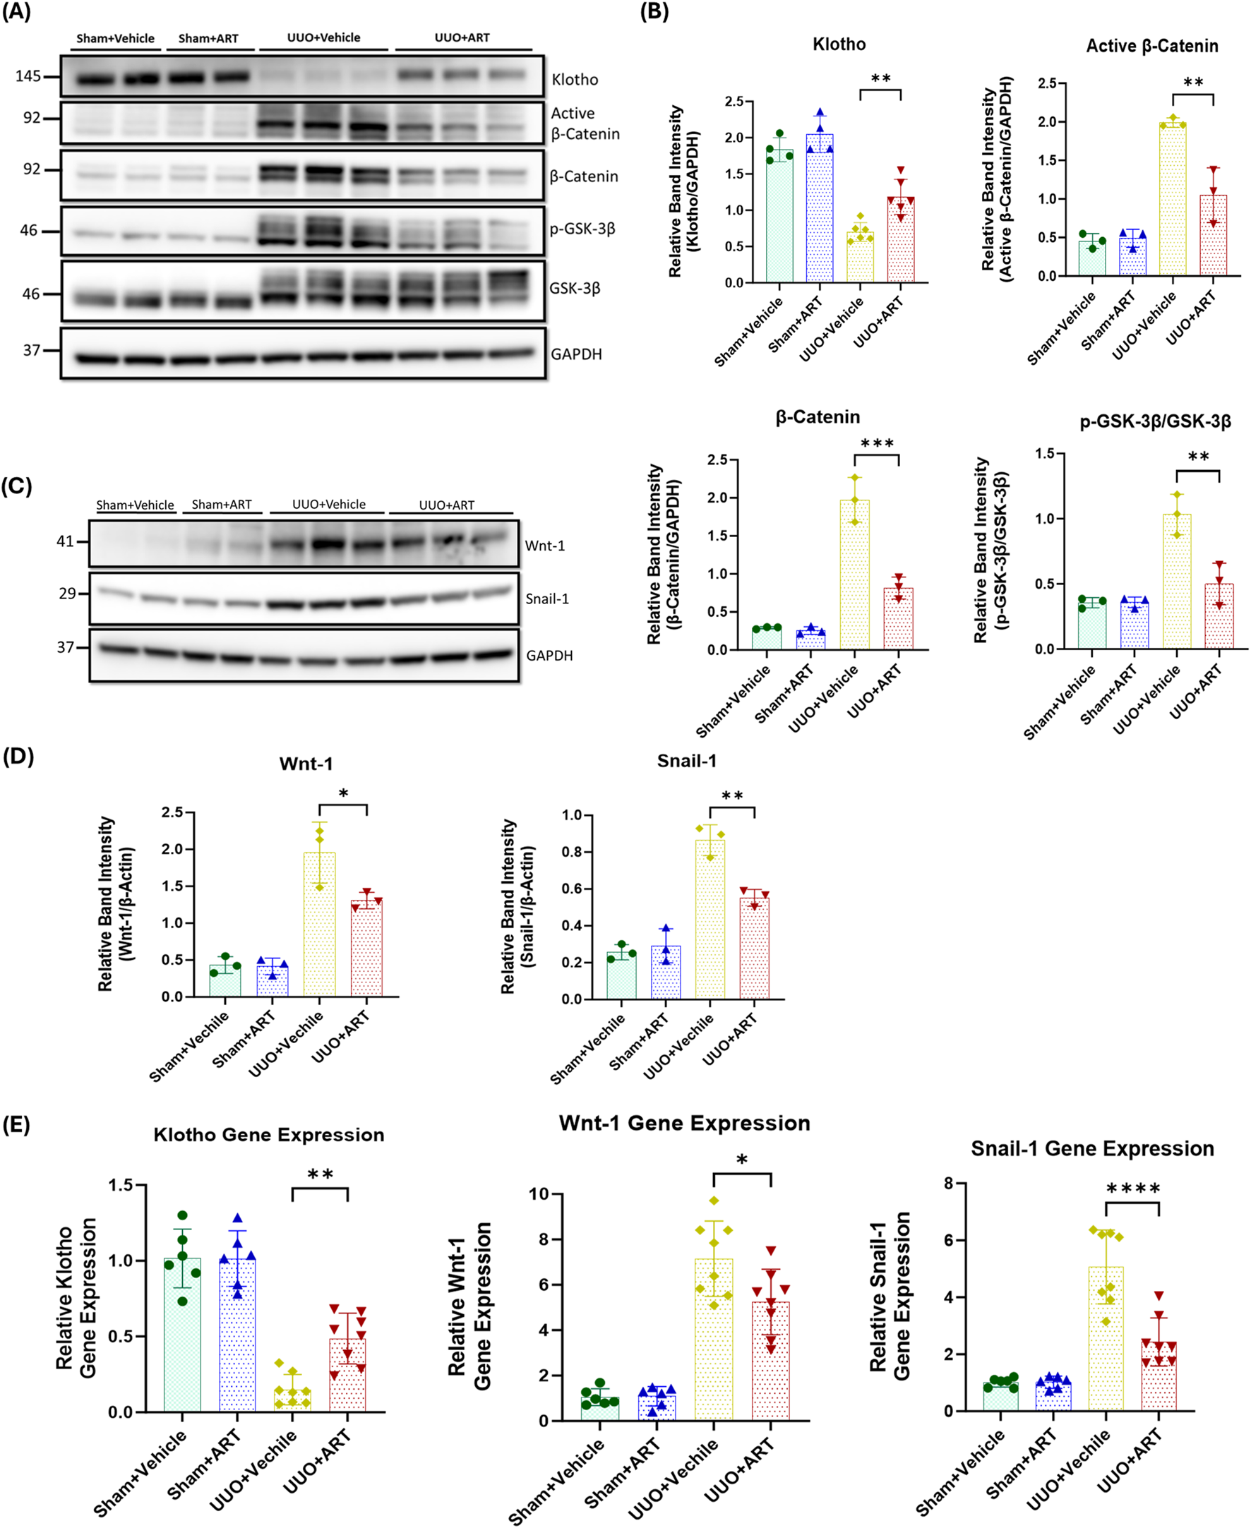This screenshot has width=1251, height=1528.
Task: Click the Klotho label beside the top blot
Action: [x=575, y=79]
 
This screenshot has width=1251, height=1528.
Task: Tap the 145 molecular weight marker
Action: [x=28, y=76]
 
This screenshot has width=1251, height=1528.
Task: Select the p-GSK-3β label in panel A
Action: [x=582, y=229]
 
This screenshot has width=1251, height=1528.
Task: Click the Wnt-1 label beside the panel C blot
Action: [x=545, y=546]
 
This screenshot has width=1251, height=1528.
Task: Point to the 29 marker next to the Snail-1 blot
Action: [x=67, y=594]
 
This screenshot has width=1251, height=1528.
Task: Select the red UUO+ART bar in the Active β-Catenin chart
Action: [x=1213, y=238]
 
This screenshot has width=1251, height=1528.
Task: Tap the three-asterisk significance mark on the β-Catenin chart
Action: [x=877, y=444]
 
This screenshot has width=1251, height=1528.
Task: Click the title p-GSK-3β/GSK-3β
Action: [x=1154, y=421]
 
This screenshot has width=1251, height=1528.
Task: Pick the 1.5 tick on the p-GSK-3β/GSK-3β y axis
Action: [x=1044, y=454]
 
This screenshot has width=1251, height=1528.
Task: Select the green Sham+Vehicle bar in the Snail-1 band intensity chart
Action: [x=621, y=976]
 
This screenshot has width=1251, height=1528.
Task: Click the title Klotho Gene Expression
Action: [x=269, y=1135]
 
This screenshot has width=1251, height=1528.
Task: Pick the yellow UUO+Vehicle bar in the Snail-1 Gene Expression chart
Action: [x=1106, y=1340]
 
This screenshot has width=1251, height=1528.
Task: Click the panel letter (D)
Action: [x=18, y=757]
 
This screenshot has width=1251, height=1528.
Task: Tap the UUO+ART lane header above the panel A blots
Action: [x=462, y=37]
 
